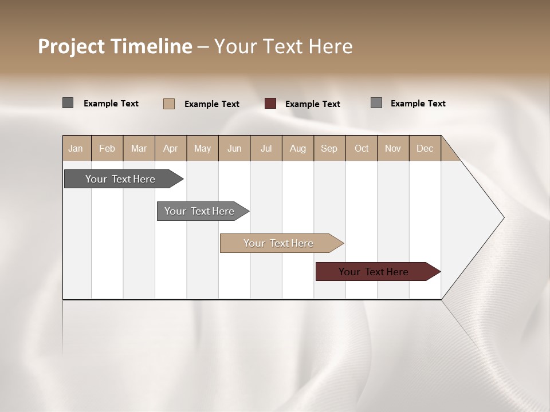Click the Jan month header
click(76, 148)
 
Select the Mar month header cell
click(139, 148)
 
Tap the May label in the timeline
click(202, 148)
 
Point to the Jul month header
click(266, 148)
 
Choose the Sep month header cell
click(329, 148)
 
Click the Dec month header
click(425, 148)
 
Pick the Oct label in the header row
click(362, 148)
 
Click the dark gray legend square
click(68, 103)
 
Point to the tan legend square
click(169, 104)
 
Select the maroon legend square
click(270, 104)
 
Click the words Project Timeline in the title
click(115, 46)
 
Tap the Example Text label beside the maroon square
click(313, 104)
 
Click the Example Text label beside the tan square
click(212, 104)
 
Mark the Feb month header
click(107, 148)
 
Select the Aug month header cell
click(298, 148)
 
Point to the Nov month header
click(393, 148)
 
